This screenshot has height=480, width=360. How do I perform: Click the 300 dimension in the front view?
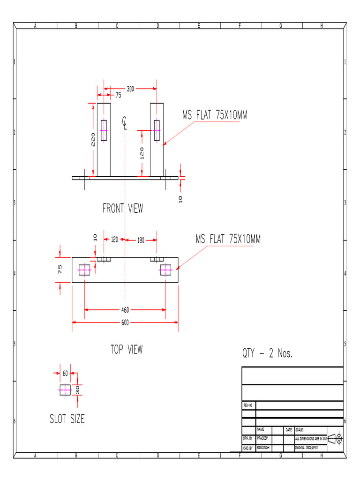point(130,88)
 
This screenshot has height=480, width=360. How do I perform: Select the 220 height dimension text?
point(93,139)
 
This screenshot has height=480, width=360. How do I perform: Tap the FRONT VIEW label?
point(123,208)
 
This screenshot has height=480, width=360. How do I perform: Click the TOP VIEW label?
point(127,349)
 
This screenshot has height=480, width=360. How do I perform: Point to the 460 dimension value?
point(125,310)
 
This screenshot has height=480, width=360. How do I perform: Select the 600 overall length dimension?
point(125,322)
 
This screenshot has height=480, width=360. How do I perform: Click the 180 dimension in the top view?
point(141,240)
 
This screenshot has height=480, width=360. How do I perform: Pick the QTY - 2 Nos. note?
point(267,354)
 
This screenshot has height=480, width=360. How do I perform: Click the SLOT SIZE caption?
point(67,419)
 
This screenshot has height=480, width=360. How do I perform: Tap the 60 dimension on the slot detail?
point(65,374)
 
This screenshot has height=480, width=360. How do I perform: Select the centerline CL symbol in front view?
point(125,122)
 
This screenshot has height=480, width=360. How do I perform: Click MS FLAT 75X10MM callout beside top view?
point(228,240)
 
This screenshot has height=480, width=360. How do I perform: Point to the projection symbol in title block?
point(335,439)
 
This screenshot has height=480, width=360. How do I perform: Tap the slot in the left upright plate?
point(104,130)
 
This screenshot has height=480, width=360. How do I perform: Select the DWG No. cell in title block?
point(309,448)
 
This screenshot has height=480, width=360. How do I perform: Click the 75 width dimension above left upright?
point(118,95)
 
